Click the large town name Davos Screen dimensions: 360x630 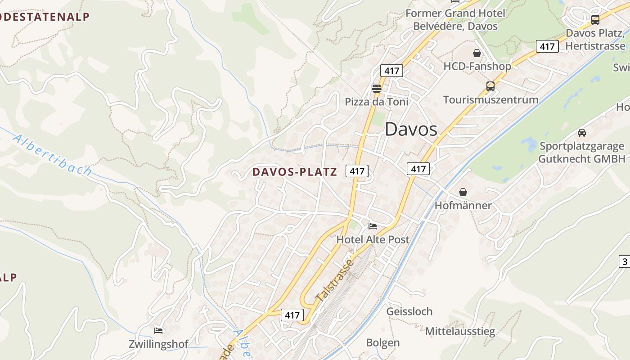click(411, 130)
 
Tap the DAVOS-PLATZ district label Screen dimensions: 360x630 click(294, 172)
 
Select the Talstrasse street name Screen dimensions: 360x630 click(335, 281)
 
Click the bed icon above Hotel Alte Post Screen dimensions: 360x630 click(373, 226)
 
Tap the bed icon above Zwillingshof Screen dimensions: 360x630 click(158, 331)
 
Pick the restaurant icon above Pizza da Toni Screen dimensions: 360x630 click(377, 88)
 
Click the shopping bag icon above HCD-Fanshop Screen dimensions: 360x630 click(477, 53)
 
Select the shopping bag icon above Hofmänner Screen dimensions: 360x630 click(463, 192)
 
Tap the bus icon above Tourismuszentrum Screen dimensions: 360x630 click(490, 86)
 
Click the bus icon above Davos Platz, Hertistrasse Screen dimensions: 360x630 click(595, 20)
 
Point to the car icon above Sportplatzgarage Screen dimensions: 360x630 click(582, 132)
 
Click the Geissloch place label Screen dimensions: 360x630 click(409, 311)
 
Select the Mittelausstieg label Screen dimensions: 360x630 click(460, 332)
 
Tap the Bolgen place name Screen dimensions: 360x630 click(383, 343)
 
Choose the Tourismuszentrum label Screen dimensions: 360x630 click(490, 100)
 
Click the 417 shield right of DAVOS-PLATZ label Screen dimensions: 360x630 click(357, 171)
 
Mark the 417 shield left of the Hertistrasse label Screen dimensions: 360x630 click(547, 46)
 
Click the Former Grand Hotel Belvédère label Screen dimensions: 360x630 click(455, 20)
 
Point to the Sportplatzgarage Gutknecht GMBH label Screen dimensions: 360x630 click(582, 153)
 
